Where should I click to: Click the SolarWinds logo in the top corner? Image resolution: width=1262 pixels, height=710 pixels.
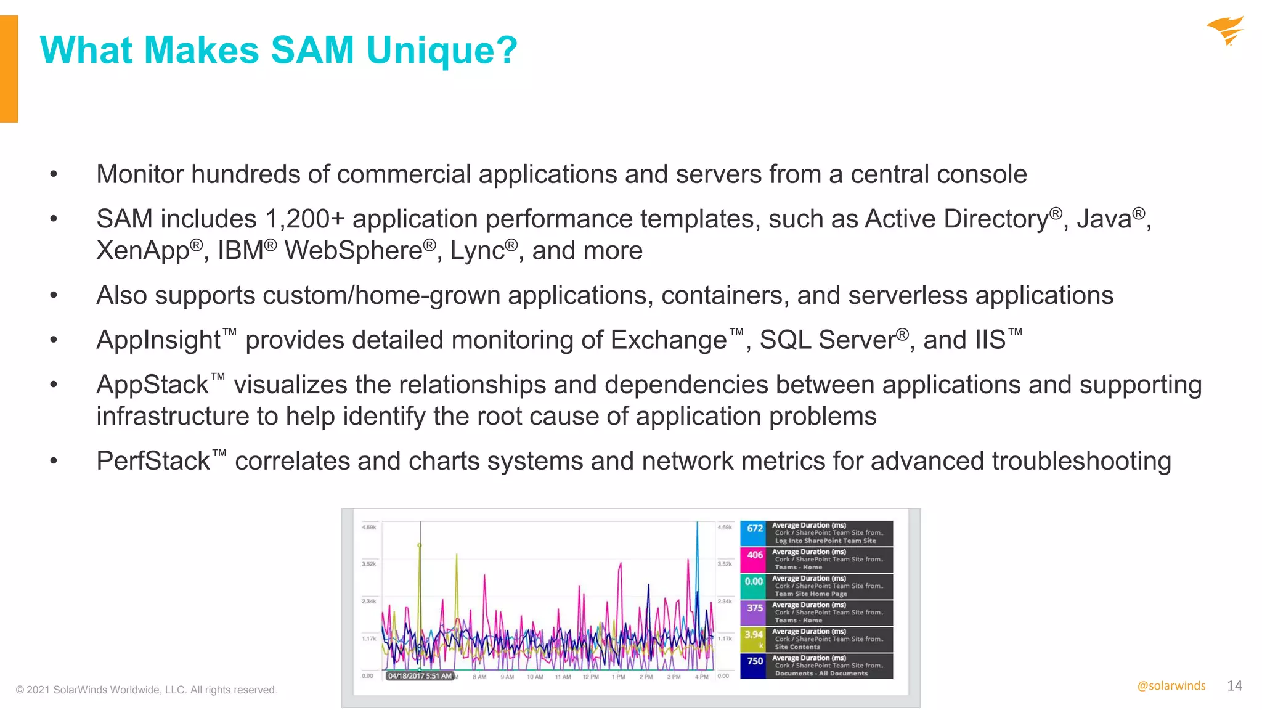pos(1225,31)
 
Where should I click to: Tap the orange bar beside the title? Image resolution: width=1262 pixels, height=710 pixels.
pos(9,68)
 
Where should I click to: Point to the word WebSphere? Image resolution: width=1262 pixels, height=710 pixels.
pos(353,251)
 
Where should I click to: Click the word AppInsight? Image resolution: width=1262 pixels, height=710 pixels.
pos(158,340)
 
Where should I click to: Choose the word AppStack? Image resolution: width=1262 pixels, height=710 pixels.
pos(152,385)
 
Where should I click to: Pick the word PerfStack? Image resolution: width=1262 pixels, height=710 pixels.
pos(153,462)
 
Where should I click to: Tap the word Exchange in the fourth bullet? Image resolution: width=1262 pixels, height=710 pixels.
pos(669,340)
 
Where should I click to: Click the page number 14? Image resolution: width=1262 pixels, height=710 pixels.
pos(1234,686)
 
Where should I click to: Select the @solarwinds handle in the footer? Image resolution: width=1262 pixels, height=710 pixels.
pos(1171,686)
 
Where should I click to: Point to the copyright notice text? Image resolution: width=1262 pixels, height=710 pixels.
pos(147,690)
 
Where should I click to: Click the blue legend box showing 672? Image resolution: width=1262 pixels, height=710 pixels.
pos(753,533)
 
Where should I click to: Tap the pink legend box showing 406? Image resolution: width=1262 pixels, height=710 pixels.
pos(753,560)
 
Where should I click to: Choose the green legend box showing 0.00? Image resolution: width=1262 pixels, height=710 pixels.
pos(753,586)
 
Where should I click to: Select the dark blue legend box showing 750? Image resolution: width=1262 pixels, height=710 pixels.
pos(753,666)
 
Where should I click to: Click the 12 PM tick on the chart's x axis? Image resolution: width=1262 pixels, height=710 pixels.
pos(590,677)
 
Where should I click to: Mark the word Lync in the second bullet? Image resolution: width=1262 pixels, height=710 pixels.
pos(477,251)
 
